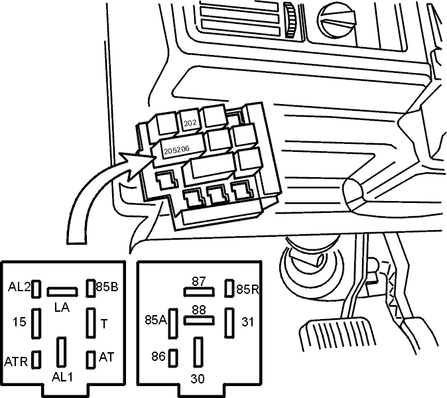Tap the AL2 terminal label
(x=19, y=287)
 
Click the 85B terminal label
(x=107, y=287)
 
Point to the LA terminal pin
(x=62, y=292)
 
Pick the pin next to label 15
(x=36, y=324)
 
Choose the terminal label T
(x=104, y=324)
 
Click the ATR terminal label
(x=16, y=362)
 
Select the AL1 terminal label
(x=62, y=377)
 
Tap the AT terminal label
(x=106, y=358)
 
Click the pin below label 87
(x=199, y=292)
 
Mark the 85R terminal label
(x=248, y=290)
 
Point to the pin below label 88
(x=199, y=320)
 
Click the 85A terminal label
(x=156, y=320)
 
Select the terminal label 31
(x=247, y=322)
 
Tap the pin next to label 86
(x=172, y=358)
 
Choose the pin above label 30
(x=198, y=352)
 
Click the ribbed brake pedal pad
(x=338, y=335)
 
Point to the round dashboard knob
(x=337, y=22)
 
